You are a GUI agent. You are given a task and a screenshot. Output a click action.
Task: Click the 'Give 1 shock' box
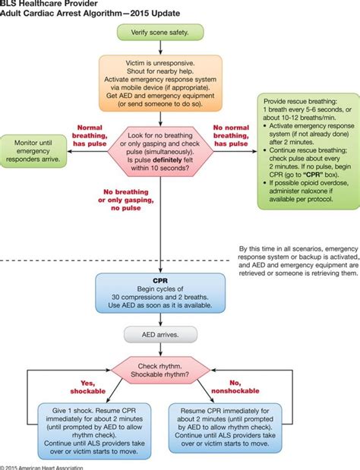(x=81, y=427)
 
